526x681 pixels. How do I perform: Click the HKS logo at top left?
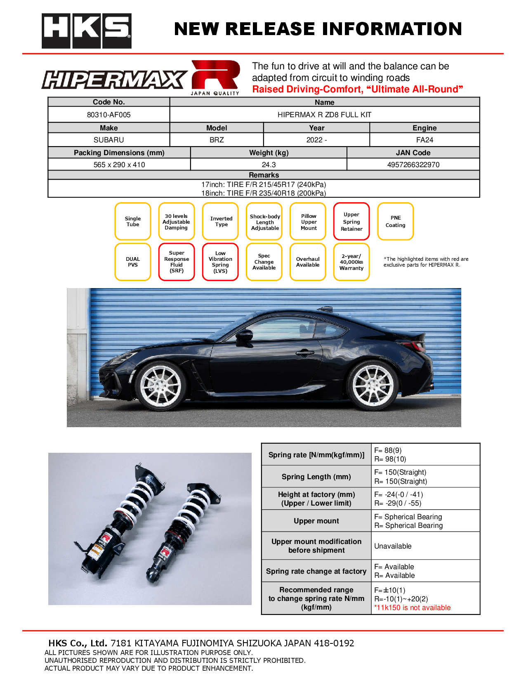(x=86, y=31)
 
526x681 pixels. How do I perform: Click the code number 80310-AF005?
(x=109, y=115)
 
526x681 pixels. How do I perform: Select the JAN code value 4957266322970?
(x=413, y=165)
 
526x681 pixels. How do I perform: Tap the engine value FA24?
(x=425, y=140)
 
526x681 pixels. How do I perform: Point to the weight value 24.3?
(x=269, y=165)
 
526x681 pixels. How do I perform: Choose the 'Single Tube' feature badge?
(x=133, y=222)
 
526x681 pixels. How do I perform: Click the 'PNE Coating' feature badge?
(x=395, y=222)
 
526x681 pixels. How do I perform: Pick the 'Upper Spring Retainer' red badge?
(x=351, y=222)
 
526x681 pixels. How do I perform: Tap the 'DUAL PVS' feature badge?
(x=133, y=262)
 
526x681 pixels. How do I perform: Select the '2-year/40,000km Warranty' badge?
(x=351, y=262)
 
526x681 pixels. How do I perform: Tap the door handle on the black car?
(x=305, y=352)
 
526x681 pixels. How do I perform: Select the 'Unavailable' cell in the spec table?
(x=393, y=546)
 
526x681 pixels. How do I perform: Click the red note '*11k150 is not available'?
(x=412, y=608)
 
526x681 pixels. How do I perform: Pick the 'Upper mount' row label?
(x=316, y=521)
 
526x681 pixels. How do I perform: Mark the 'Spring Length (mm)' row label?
(x=316, y=477)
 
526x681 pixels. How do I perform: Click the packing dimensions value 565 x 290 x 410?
(x=119, y=165)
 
